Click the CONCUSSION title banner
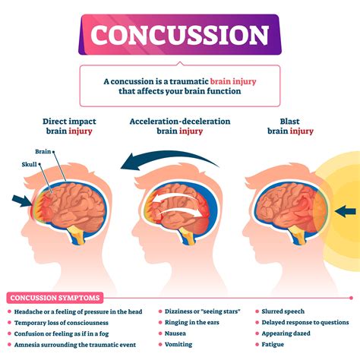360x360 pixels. tap(180, 35)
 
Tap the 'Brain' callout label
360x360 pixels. tap(43, 152)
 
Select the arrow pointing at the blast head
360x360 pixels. tap(346, 210)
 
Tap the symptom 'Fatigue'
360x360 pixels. tap(274, 343)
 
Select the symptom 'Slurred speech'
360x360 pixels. tap(284, 311)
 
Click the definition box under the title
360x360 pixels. tap(180, 86)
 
